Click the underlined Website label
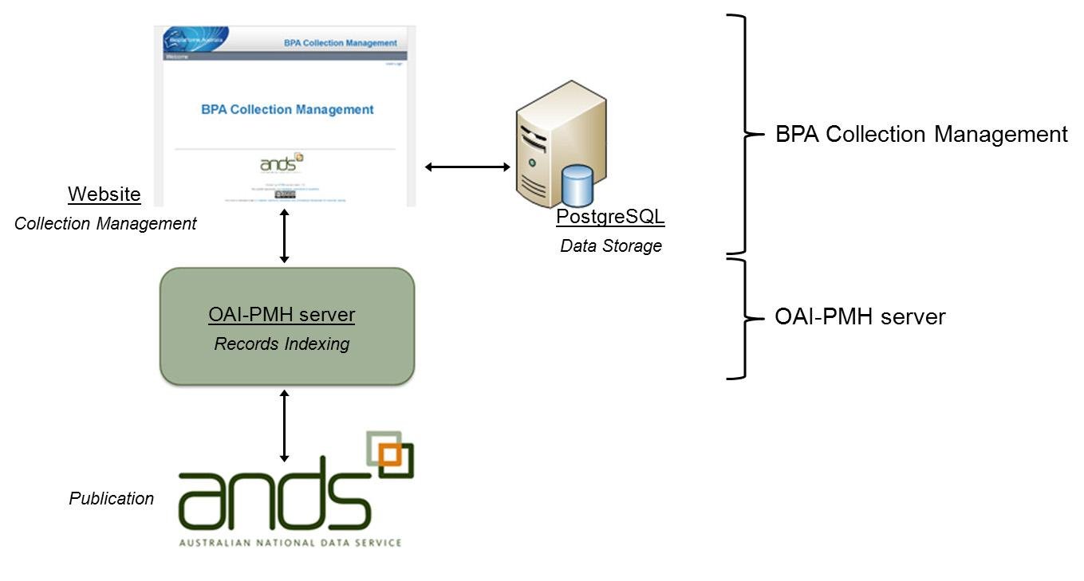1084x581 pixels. point(104,194)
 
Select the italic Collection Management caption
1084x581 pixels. point(105,224)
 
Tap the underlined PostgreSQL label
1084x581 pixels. point(610,216)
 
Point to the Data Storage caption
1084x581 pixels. point(611,245)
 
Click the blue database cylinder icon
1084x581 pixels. point(577,186)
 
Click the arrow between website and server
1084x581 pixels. point(467,167)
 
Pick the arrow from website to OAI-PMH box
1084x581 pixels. point(284,238)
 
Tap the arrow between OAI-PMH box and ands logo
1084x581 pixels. point(284,426)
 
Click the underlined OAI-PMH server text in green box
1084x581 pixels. point(282,315)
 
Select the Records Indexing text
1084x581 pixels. point(282,344)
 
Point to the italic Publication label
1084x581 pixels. point(111,499)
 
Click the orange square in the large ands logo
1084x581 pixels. point(389,454)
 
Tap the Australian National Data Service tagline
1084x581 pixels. point(290,543)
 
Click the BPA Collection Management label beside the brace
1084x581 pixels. point(921,134)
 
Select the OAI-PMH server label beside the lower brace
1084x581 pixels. point(860,317)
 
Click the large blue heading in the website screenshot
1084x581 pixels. point(287,109)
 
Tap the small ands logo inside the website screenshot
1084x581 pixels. point(282,163)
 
